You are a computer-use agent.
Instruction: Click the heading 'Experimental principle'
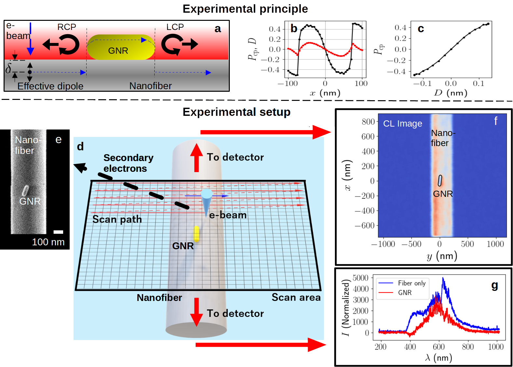245,9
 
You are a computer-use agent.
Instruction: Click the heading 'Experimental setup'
236,112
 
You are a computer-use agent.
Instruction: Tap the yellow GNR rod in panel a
120,48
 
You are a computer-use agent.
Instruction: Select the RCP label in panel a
67,27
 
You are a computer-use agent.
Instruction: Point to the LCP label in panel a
175,27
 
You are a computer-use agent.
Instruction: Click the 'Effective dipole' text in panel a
50,86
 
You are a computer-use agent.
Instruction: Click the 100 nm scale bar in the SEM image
58,232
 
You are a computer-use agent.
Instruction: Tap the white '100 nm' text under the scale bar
48,242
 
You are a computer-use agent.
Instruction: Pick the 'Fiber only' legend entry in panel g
411,283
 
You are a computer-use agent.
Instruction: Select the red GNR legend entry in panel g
405,293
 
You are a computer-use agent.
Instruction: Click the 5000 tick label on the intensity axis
360,278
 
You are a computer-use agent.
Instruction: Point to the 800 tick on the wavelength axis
467,347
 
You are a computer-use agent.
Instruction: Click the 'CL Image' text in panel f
402,124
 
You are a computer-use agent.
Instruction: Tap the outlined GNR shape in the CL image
440,181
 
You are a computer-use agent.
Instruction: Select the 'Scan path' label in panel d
117,219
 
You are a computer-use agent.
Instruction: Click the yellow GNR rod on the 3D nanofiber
196,234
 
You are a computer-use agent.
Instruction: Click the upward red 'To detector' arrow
196,158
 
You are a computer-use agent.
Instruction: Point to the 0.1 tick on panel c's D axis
478,84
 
